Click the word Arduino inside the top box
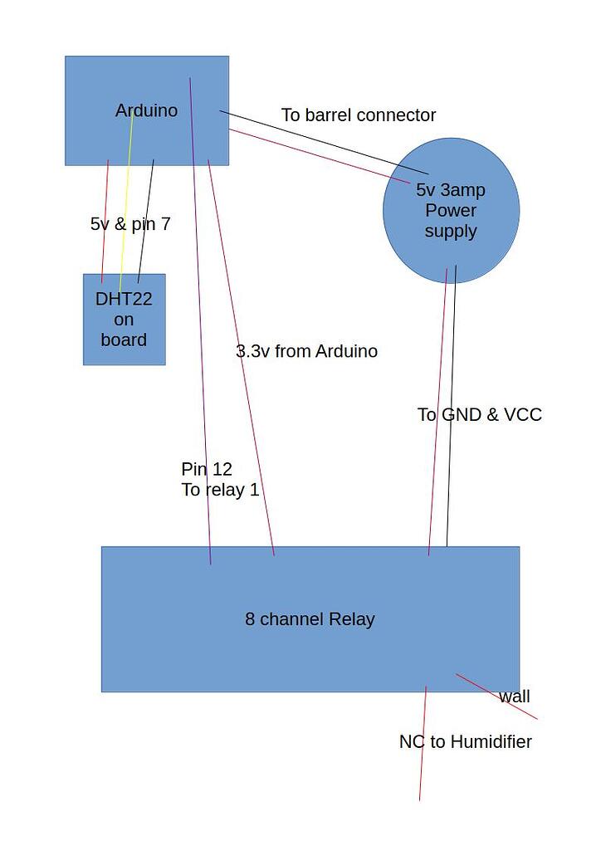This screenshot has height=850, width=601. tap(146, 110)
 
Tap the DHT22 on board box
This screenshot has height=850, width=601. tap(124, 320)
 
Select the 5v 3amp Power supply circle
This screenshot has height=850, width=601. tap(451, 211)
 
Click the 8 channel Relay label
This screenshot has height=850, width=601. tap(310, 619)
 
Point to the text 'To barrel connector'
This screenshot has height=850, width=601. tap(358, 115)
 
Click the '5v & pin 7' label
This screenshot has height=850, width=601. tap(130, 224)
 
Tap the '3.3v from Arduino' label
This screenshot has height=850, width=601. tap(306, 351)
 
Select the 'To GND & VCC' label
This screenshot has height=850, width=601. tap(479, 415)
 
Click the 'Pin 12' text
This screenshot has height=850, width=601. tap(207, 470)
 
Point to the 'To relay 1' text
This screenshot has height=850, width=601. tap(220, 490)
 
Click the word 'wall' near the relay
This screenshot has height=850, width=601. tap(514, 696)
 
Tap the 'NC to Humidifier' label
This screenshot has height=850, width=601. tap(465, 742)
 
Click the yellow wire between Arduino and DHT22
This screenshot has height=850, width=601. tap(126, 208)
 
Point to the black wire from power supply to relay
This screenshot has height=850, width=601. tap(451, 415)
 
